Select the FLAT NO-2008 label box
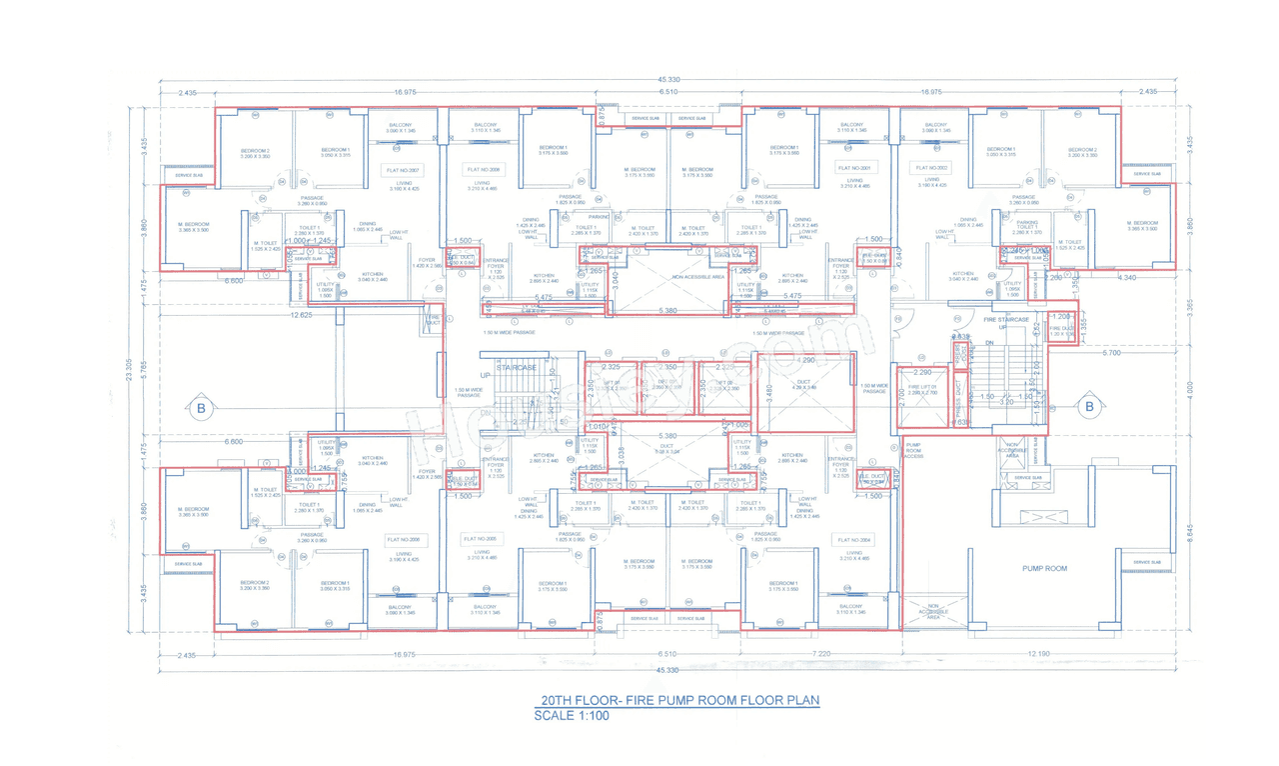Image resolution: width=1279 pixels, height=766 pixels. (x=483, y=171)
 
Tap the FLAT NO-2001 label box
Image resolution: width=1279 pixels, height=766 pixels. (x=854, y=168)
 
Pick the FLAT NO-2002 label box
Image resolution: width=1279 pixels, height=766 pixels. (x=929, y=168)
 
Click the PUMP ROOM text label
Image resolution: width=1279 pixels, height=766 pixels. (x=1044, y=568)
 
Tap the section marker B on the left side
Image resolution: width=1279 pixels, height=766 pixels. (x=201, y=408)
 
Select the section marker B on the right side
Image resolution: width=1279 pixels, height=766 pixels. (x=1090, y=407)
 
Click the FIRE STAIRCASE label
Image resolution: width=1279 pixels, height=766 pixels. (x=1006, y=320)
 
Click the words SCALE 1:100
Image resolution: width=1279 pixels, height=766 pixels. (x=572, y=716)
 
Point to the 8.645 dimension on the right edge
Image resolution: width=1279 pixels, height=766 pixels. (x=1189, y=532)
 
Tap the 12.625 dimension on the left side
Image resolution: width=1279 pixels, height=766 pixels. (x=302, y=315)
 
